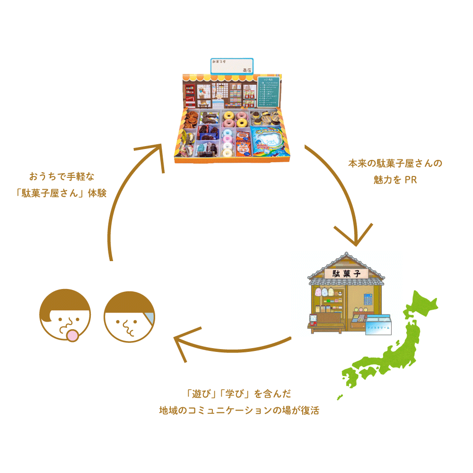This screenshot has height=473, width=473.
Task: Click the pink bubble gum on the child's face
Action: [72, 335]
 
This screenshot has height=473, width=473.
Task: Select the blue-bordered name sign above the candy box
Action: [232, 66]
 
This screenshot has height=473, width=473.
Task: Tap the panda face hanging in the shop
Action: [340, 293]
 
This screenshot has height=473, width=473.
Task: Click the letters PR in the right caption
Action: [410, 180]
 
